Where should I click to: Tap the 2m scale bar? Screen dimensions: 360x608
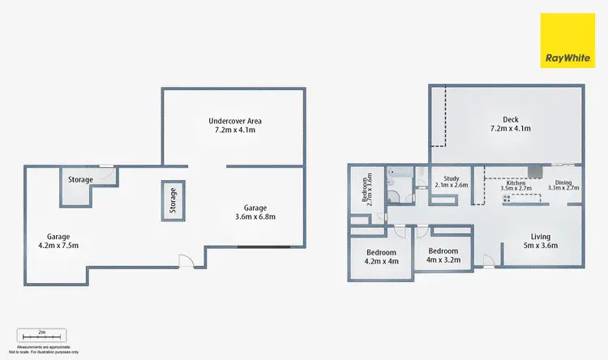pyautogui.click(x=41, y=335)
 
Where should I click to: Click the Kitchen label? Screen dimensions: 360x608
pyautogui.click(x=516, y=188)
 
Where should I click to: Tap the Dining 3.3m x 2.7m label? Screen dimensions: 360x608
pyautogui.click(x=563, y=186)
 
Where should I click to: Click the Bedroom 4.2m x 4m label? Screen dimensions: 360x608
pyautogui.click(x=381, y=255)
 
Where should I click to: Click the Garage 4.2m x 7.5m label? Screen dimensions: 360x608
pyautogui.click(x=58, y=240)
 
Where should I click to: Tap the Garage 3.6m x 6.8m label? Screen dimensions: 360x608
pyautogui.click(x=256, y=212)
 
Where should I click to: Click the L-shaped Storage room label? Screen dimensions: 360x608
pyautogui.click(x=80, y=180)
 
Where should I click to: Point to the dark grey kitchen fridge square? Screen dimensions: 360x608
pyautogui.click(x=536, y=171)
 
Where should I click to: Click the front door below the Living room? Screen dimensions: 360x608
pyautogui.click(x=488, y=260)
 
